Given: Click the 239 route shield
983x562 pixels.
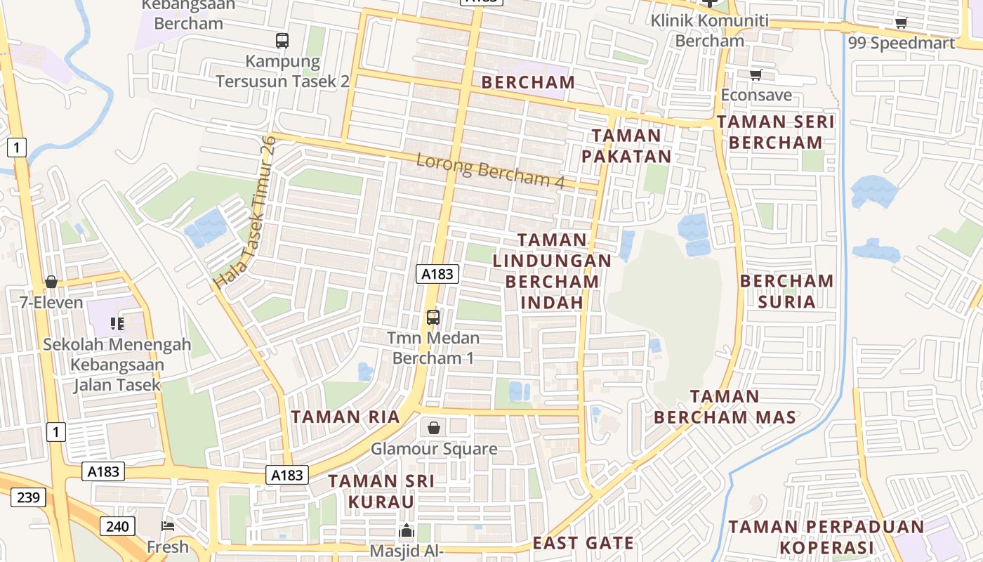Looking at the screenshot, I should pyautogui.click(x=28, y=497).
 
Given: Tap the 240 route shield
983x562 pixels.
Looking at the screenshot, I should pyautogui.click(x=117, y=525).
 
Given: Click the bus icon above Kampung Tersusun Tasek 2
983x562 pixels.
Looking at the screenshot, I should pyautogui.click(x=282, y=41).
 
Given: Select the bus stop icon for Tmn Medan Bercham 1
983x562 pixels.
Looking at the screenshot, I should pyautogui.click(x=433, y=318).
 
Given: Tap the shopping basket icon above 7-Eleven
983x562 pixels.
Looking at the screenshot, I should pyautogui.click(x=51, y=282).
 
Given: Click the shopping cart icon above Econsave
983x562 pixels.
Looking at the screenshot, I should pyautogui.click(x=756, y=74).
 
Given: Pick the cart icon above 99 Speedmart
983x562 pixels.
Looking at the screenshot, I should pyautogui.click(x=902, y=22).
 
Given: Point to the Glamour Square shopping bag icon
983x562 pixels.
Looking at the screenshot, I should pyautogui.click(x=434, y=428).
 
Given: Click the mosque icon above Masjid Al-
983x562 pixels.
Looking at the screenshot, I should pyautogui.click(x=407, y=531).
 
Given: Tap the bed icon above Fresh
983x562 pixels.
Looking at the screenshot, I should pyautogui.click(x=168, y=525).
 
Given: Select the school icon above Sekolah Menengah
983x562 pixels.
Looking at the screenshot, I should pyautogui.click(x=117, y=324).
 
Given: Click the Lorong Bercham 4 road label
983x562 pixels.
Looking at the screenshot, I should pyautogui.click(x=490, y=170).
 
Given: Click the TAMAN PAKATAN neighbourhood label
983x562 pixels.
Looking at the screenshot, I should pyautogui.click(x=626, y=145).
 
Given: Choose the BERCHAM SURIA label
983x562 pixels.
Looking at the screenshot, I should pyautogui.click(x=787, y=291).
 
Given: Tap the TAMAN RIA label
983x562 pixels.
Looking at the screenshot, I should pyautogui.click(x=345, y=417).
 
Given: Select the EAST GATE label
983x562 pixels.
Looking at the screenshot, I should pyautogui.click(x=583, y=542).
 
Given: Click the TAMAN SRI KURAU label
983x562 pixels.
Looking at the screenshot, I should pyautogui.click(x=381, y=491).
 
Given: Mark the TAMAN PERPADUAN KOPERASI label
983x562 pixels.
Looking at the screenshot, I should pyautogui.click(x=826, y=537).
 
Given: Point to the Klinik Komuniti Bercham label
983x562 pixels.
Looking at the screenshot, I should pyautogui.click(x=709, y=30).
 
